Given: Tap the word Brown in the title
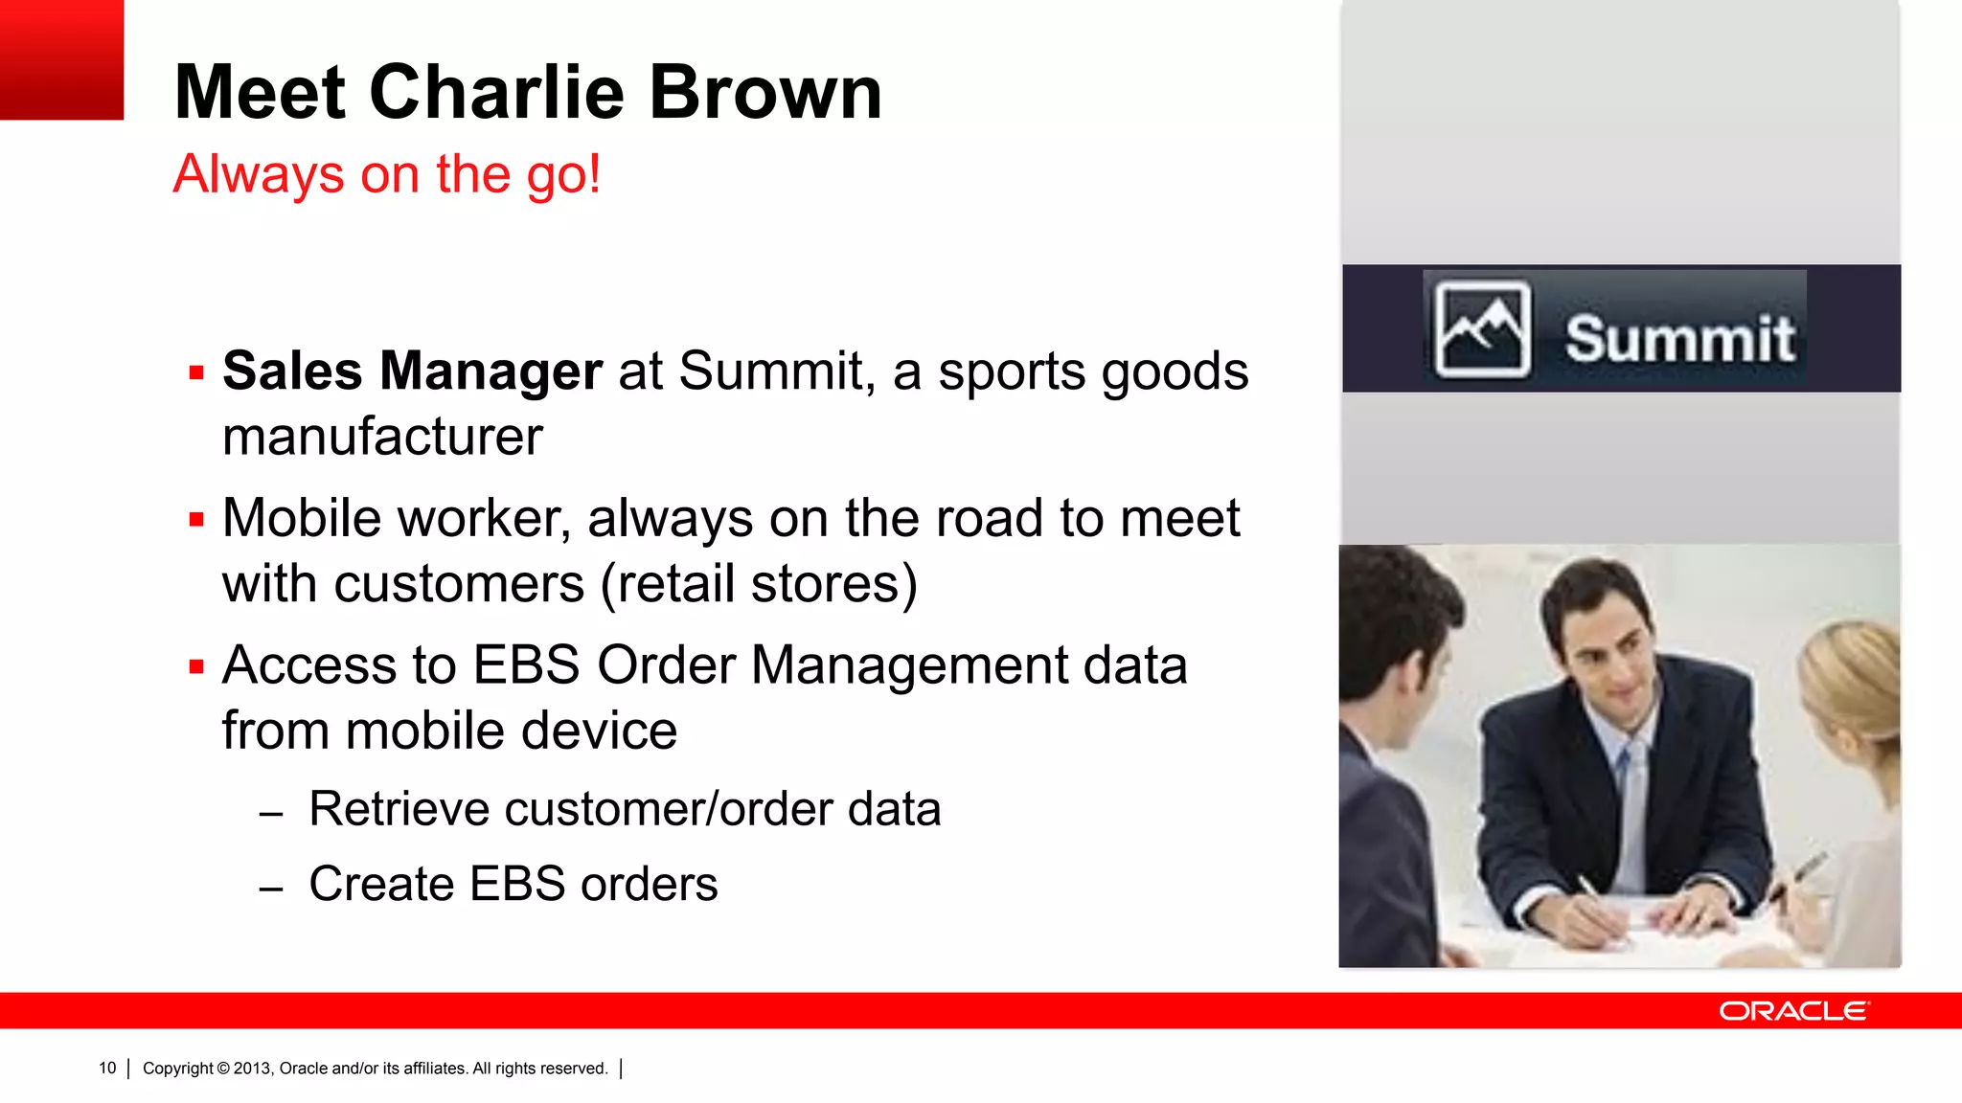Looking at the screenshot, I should [765, 92].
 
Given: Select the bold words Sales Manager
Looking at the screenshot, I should [412, 371].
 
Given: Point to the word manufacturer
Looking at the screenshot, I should [382, 437].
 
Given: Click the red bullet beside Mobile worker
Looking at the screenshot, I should [196, 520].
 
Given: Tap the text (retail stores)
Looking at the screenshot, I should [759, 584].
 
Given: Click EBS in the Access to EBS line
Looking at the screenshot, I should [526, 664].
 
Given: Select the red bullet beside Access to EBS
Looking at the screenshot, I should [196, 667].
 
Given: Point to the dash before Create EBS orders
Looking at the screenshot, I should [271, 889].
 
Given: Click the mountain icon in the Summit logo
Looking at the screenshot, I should [1481, 329].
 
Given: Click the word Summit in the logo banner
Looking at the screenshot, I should [1679, 338].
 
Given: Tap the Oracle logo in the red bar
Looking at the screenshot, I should [1793, 1011].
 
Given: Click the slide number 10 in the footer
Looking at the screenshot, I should [107, 1069].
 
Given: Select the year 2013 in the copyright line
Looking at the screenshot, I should [252, 1069].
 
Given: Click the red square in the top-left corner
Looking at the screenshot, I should [61, 59].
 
